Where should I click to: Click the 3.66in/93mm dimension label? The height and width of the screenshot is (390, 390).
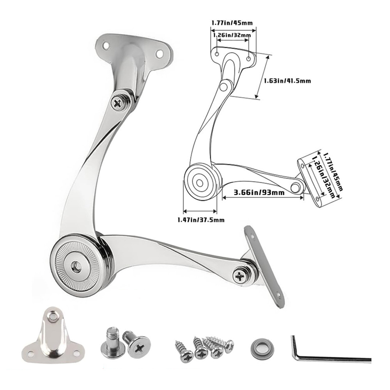point(259,192)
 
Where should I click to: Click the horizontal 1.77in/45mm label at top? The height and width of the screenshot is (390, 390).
point(232,22)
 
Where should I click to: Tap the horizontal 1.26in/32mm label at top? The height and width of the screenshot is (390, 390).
point(232,35)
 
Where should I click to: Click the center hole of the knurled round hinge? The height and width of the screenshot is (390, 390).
point(75,266)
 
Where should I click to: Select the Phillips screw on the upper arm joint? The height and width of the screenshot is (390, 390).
point(118,103)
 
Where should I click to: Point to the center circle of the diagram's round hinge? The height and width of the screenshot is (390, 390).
point(199,182)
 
